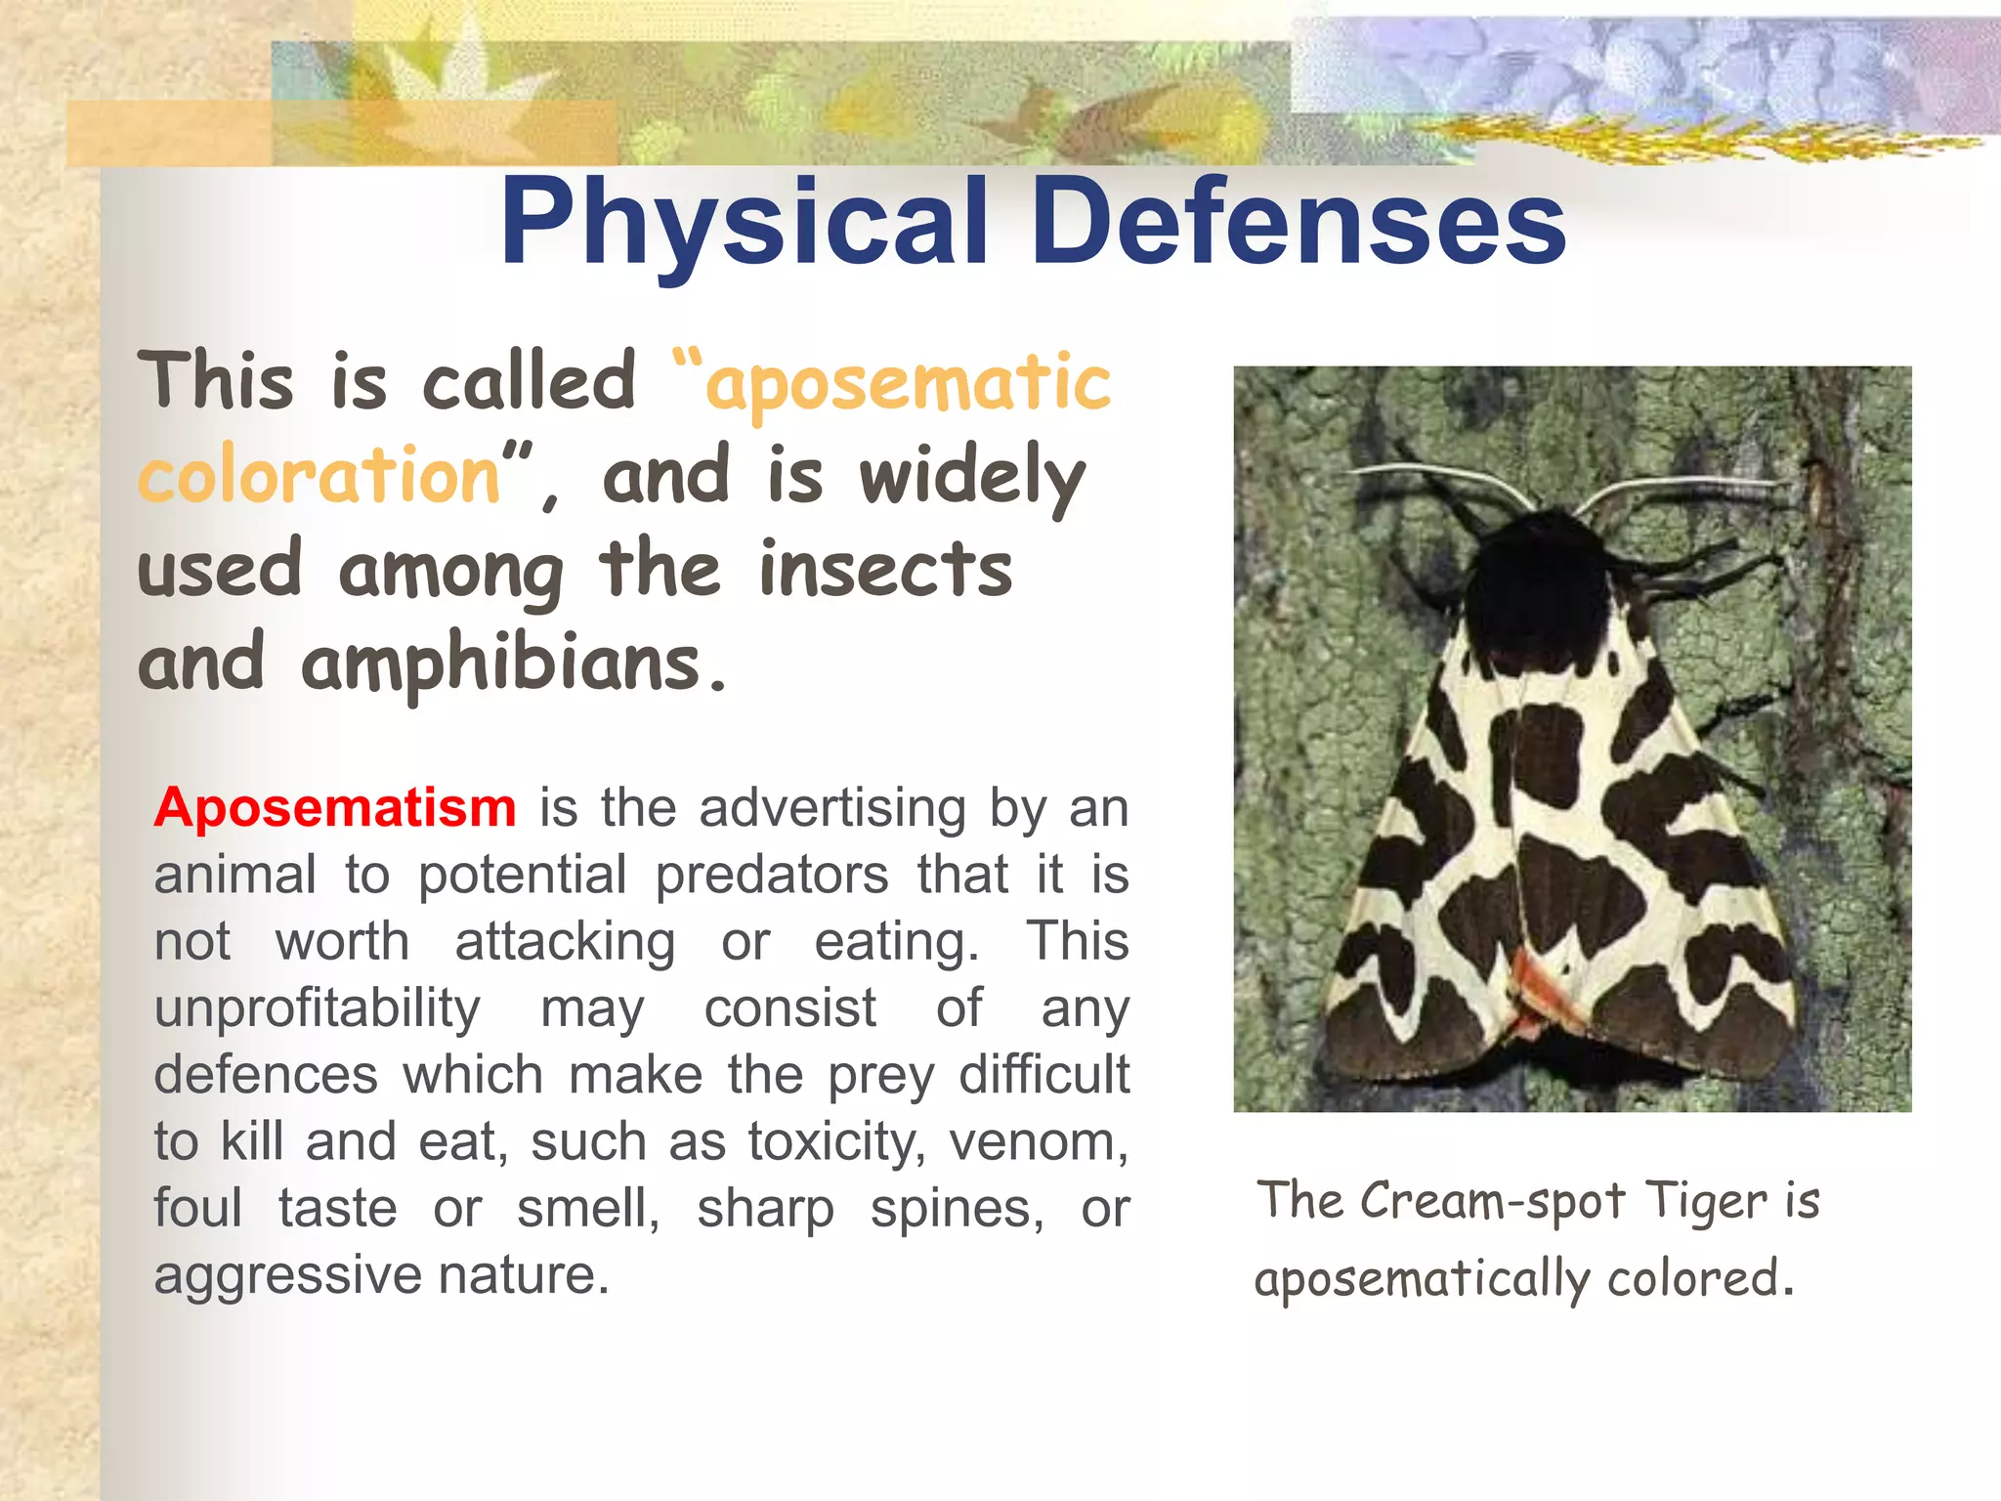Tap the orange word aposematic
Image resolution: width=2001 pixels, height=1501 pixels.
(907, 384)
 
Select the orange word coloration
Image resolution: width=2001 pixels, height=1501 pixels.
(319, 476)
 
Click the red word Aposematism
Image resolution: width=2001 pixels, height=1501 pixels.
(335, 808)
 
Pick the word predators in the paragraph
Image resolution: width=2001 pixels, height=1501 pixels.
(771, 875)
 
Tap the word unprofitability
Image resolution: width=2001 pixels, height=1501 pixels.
(318, 1008)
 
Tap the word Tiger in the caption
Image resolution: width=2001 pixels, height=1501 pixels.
(1706, 1201)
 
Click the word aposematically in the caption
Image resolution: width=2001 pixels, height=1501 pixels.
(1422, 1279)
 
